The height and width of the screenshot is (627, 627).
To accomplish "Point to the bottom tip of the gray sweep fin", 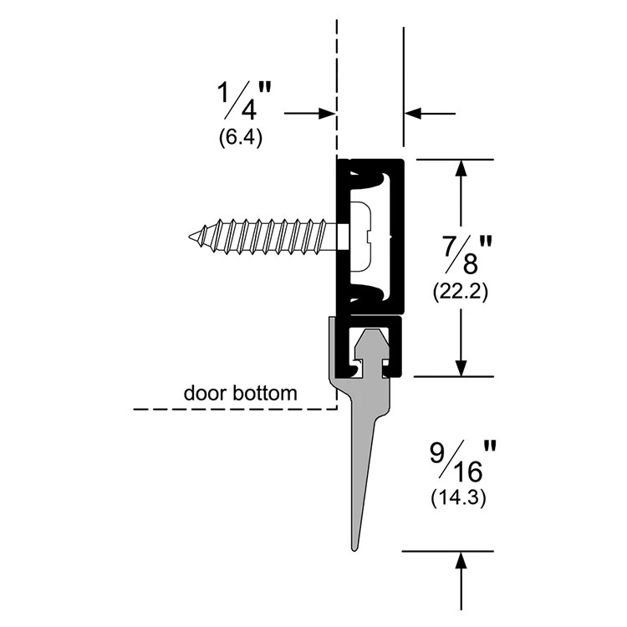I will [x=352, y=548].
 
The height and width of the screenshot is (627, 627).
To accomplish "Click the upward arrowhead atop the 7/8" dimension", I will [x=460, y=166].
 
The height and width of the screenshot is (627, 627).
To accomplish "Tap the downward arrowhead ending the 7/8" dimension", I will [x=460, y=368].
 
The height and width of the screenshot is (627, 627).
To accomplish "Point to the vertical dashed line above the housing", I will [x=337, y=75].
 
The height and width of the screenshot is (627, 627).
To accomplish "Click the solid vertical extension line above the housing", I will [x=405, y=75].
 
